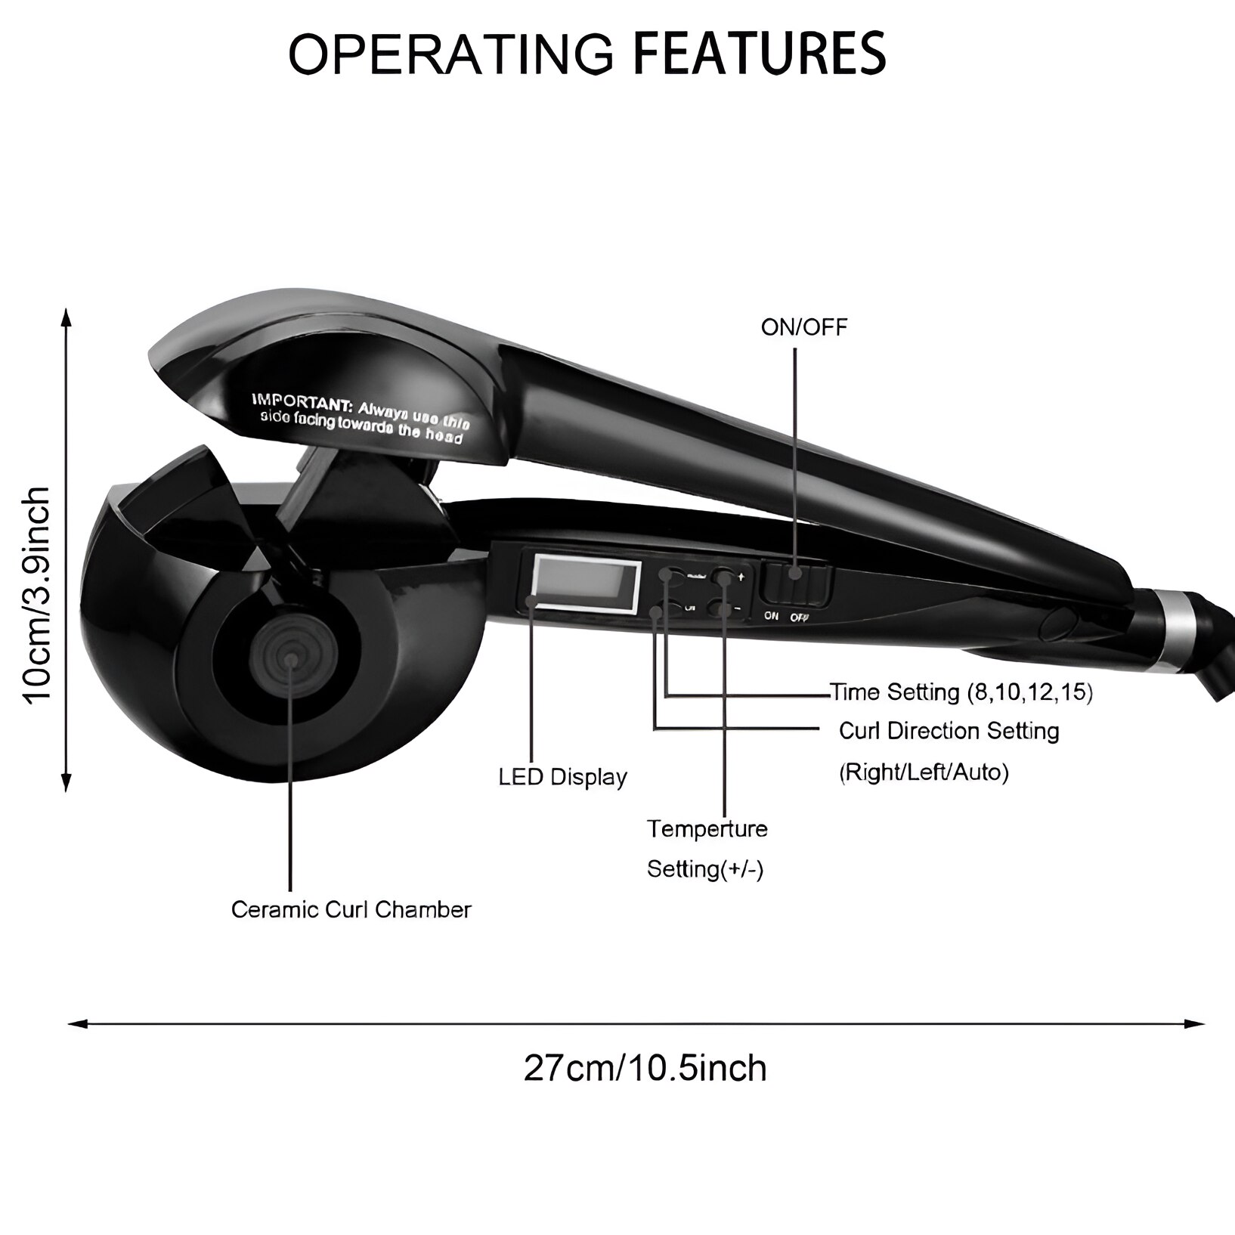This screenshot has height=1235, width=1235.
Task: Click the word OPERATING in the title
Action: tap(450, 52)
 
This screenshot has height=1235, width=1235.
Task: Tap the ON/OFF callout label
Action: tap(803, 327)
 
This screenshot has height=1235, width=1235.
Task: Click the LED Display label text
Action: tap(562, 777)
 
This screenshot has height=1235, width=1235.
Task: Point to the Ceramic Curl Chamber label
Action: tap(351, 909)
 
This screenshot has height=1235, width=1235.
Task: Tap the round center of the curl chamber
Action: tap(289, 659)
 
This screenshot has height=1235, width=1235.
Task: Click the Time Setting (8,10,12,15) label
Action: tap(961, 692)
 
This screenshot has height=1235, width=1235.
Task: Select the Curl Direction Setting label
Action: tap(949, 731)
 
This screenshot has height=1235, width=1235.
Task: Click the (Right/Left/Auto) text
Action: tap(924, 772)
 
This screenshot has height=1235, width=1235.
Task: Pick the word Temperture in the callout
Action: tap(707, 828)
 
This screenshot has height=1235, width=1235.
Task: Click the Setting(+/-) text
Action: tap(705, 868)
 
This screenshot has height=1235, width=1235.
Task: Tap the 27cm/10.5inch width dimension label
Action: tap(645, 1068)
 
